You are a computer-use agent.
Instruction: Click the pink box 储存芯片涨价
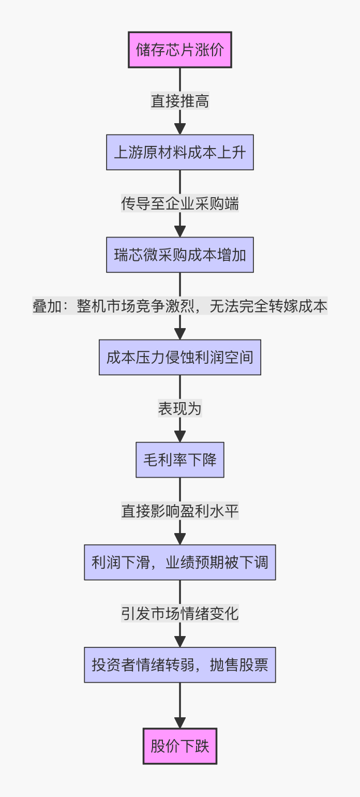pyautogui.click(x=180, y=50)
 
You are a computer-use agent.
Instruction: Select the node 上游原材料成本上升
pyautogui.click(x=180, y=152)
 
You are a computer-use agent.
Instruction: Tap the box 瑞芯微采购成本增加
pyautogui.click(x=180, y=255)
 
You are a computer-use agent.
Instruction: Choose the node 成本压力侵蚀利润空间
pyautogui.click(x=180, y=357)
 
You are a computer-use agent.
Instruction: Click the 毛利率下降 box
pyautogui.click(x=180, y=460)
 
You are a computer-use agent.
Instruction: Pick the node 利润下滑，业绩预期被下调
pyautogui.click(x=180, y=562)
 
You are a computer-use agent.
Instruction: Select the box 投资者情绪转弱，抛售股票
pyautogui.click(x=180, y=665)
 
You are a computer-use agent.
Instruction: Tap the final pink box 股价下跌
pyautogui.click(x=180, y=746)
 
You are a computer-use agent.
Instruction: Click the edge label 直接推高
pyautogui.click(x=180, y=101)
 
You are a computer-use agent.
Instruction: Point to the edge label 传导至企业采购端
pyautogui.click(x=180, y=203)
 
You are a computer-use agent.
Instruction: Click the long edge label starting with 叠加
pyautogui.click(x=180, y=306)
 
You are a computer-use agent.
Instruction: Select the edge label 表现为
pyautogui.click(x=180, y=408)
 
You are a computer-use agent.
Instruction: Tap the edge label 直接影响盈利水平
pyautogui.click(x=180, y=511)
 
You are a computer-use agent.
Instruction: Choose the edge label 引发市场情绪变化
pyautogui.click(x=180, y=613)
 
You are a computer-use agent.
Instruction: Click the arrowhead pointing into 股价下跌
pyautogui.click(x=180, y=722)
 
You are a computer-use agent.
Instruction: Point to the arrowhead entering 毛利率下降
pyautogui.click(x=180, y=436)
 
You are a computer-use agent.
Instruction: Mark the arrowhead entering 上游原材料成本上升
pyautogui.click(x=180, y=129)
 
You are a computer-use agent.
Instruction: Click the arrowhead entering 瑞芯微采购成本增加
pyautogui.click(x=180, y=231)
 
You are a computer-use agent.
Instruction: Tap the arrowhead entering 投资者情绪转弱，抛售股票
pyautogui.click(x=180, y=641)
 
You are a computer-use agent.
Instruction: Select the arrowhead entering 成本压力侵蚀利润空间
pyautogui.click(x=180, y=334)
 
